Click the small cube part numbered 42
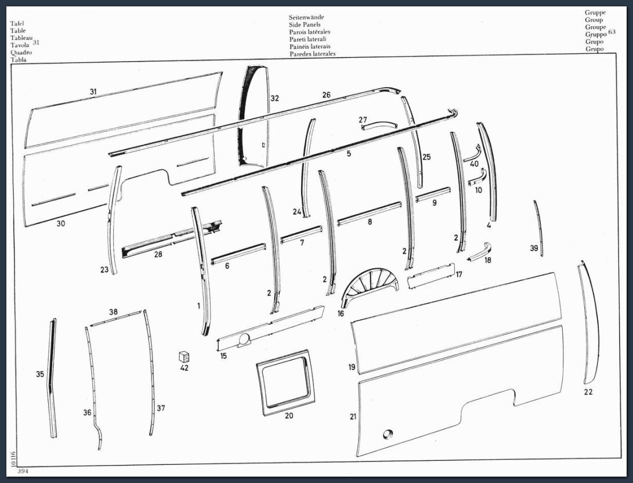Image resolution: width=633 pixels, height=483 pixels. click(x=184, y=357)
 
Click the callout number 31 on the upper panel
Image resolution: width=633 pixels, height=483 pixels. click(x=93, y=92)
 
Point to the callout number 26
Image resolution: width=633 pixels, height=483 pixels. click(x=326, y=95)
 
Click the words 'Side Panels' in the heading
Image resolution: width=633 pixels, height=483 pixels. click(x=305, y=24)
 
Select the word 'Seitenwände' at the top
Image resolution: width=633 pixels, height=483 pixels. click(x=306, y=17)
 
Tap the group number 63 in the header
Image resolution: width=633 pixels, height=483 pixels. click(x=612, y=32)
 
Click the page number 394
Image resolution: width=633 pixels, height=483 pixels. click(x=23, y=471)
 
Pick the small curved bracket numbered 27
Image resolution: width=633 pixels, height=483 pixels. click(x=379, y=125)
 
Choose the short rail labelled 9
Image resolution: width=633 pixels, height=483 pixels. click(x=433, y=193)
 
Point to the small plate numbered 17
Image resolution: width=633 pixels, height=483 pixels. click(x=431, y=276)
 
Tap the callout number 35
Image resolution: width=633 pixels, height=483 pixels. click(x=40, y=374)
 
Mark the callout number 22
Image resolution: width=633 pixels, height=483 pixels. click(x=588, y=392)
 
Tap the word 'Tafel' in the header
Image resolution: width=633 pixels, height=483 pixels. click(x=17, y=23)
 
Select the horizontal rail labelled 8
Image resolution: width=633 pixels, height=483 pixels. click(x=370, y=213)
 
